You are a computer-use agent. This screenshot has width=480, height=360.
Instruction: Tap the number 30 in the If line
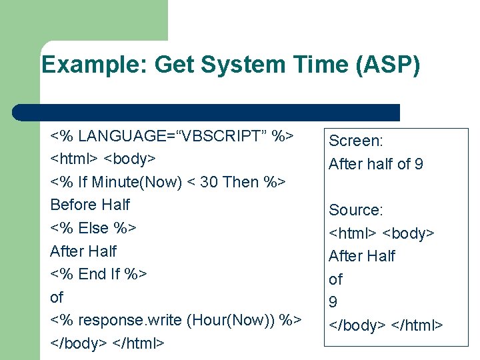tap(209, 182)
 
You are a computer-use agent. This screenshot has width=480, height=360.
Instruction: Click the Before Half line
tap(90, 205)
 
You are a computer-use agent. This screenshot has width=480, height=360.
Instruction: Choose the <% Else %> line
tap(93, 228)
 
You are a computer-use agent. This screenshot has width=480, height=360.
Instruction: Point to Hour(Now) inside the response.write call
tap(224, 320)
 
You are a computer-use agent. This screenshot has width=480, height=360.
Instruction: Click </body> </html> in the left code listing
tap(106, 343)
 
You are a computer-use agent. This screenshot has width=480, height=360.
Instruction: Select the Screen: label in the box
tap(356, 141)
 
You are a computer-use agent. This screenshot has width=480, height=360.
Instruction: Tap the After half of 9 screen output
tap(376, 164)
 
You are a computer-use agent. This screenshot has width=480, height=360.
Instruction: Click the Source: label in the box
tap(356, 210)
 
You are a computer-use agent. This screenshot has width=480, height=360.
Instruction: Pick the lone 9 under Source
tap(333, 302)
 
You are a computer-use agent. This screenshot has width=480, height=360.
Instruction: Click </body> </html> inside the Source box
tap(385, 325)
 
